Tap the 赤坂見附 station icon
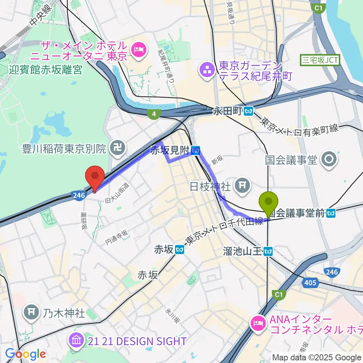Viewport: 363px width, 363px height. [x=195, y=151]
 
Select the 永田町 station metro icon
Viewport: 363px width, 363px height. [x=248, y=112]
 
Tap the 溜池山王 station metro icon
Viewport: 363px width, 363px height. [x=269, y=251]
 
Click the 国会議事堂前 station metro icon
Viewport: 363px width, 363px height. [x=332, y=213]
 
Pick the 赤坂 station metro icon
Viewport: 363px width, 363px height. [x=180, y=250]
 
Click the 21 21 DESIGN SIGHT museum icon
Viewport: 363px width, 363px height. [x=76, y=341]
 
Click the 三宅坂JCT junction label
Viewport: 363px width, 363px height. [x=320, y=59]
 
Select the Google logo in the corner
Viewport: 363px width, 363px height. [x=25, y=354]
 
